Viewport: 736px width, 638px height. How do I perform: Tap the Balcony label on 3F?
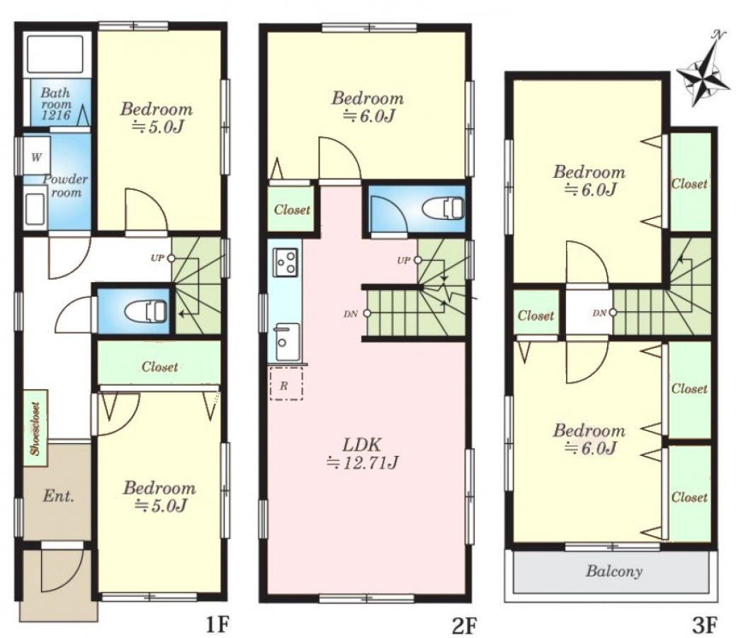click(x=614, y=571)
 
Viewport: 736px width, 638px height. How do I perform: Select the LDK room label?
click(x=363, y=454)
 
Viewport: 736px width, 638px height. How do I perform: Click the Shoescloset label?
click(x=35, y=428)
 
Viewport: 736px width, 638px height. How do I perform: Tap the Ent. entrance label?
click(x=58, y=496)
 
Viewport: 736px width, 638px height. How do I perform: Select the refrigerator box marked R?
click(x=286, y=385)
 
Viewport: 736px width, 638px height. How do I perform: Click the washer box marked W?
click(x=37, y=157)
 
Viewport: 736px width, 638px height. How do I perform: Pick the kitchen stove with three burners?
click(x=285, y=262)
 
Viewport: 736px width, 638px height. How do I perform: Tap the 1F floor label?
click(x=217, y=625)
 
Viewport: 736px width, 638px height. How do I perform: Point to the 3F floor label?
click(x=705, y=625)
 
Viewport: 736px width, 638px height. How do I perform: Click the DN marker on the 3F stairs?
click(x=603, y=313)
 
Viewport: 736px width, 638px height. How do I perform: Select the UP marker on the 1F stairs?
click(x=162, y=258)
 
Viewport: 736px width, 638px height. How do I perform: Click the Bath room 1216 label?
click(x=56, y=103)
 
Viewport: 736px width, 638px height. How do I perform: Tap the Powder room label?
click(x=65, y=186)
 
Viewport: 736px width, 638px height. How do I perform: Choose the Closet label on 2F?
click(x=292, y=210)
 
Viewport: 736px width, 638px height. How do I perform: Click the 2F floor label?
click(x=465, y=625)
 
